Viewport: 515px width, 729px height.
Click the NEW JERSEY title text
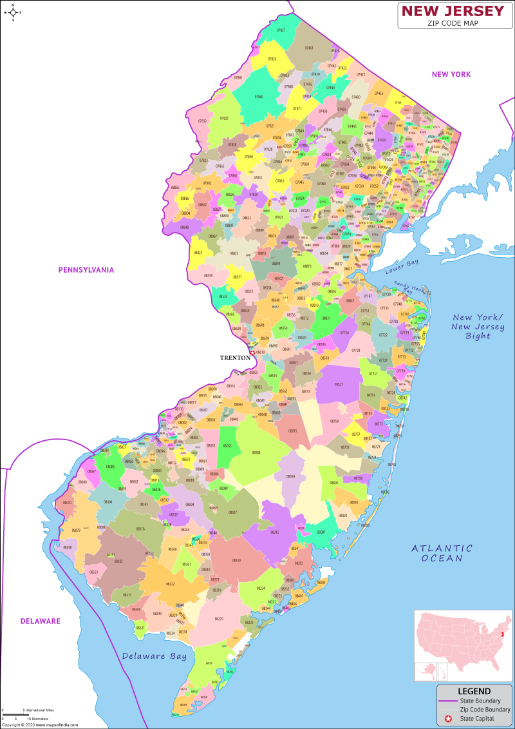coord(453,11)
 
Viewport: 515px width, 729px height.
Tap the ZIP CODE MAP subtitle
coord(453,23)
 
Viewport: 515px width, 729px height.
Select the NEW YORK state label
coord(451,74)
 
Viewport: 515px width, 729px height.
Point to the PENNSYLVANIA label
coord(86,269)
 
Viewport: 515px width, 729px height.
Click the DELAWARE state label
coord(40,621)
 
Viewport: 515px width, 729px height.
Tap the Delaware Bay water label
coord(154,656)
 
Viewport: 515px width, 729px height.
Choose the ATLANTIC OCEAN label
coord(442,553)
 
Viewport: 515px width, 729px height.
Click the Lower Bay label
coord(402,266)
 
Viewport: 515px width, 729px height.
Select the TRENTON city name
coord(234,357)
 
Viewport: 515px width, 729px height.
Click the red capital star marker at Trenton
coord(253,353)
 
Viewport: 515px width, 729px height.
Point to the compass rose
coord(12,12)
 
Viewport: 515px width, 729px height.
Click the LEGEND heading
coord(474,691)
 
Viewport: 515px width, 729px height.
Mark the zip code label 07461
coord(309,48)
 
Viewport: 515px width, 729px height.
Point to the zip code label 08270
coord(219,619)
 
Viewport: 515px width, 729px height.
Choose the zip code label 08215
coord(275,532)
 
